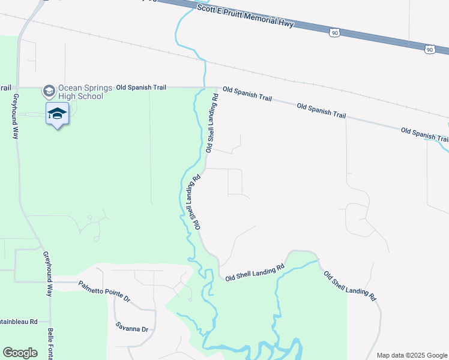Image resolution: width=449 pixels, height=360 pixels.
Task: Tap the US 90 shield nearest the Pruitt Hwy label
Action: coord(334,32)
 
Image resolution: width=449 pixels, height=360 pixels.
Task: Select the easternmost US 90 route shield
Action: coord(429,49)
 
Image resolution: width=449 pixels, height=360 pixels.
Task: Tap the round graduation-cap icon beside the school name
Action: coord(49,91)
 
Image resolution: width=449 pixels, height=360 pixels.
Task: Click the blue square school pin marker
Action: coord(57,114)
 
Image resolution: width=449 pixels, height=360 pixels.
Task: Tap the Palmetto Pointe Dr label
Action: coord(104,289)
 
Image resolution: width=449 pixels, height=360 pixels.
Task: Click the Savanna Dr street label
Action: coord(131,328)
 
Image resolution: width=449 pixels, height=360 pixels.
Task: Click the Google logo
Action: coord(20,353)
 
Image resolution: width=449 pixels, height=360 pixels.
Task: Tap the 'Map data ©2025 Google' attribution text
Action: coord(411,355)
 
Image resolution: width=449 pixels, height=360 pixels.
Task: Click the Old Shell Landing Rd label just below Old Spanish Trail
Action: coord(211,122)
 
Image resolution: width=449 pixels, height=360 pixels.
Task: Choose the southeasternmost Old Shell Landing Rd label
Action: coord(350,286)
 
